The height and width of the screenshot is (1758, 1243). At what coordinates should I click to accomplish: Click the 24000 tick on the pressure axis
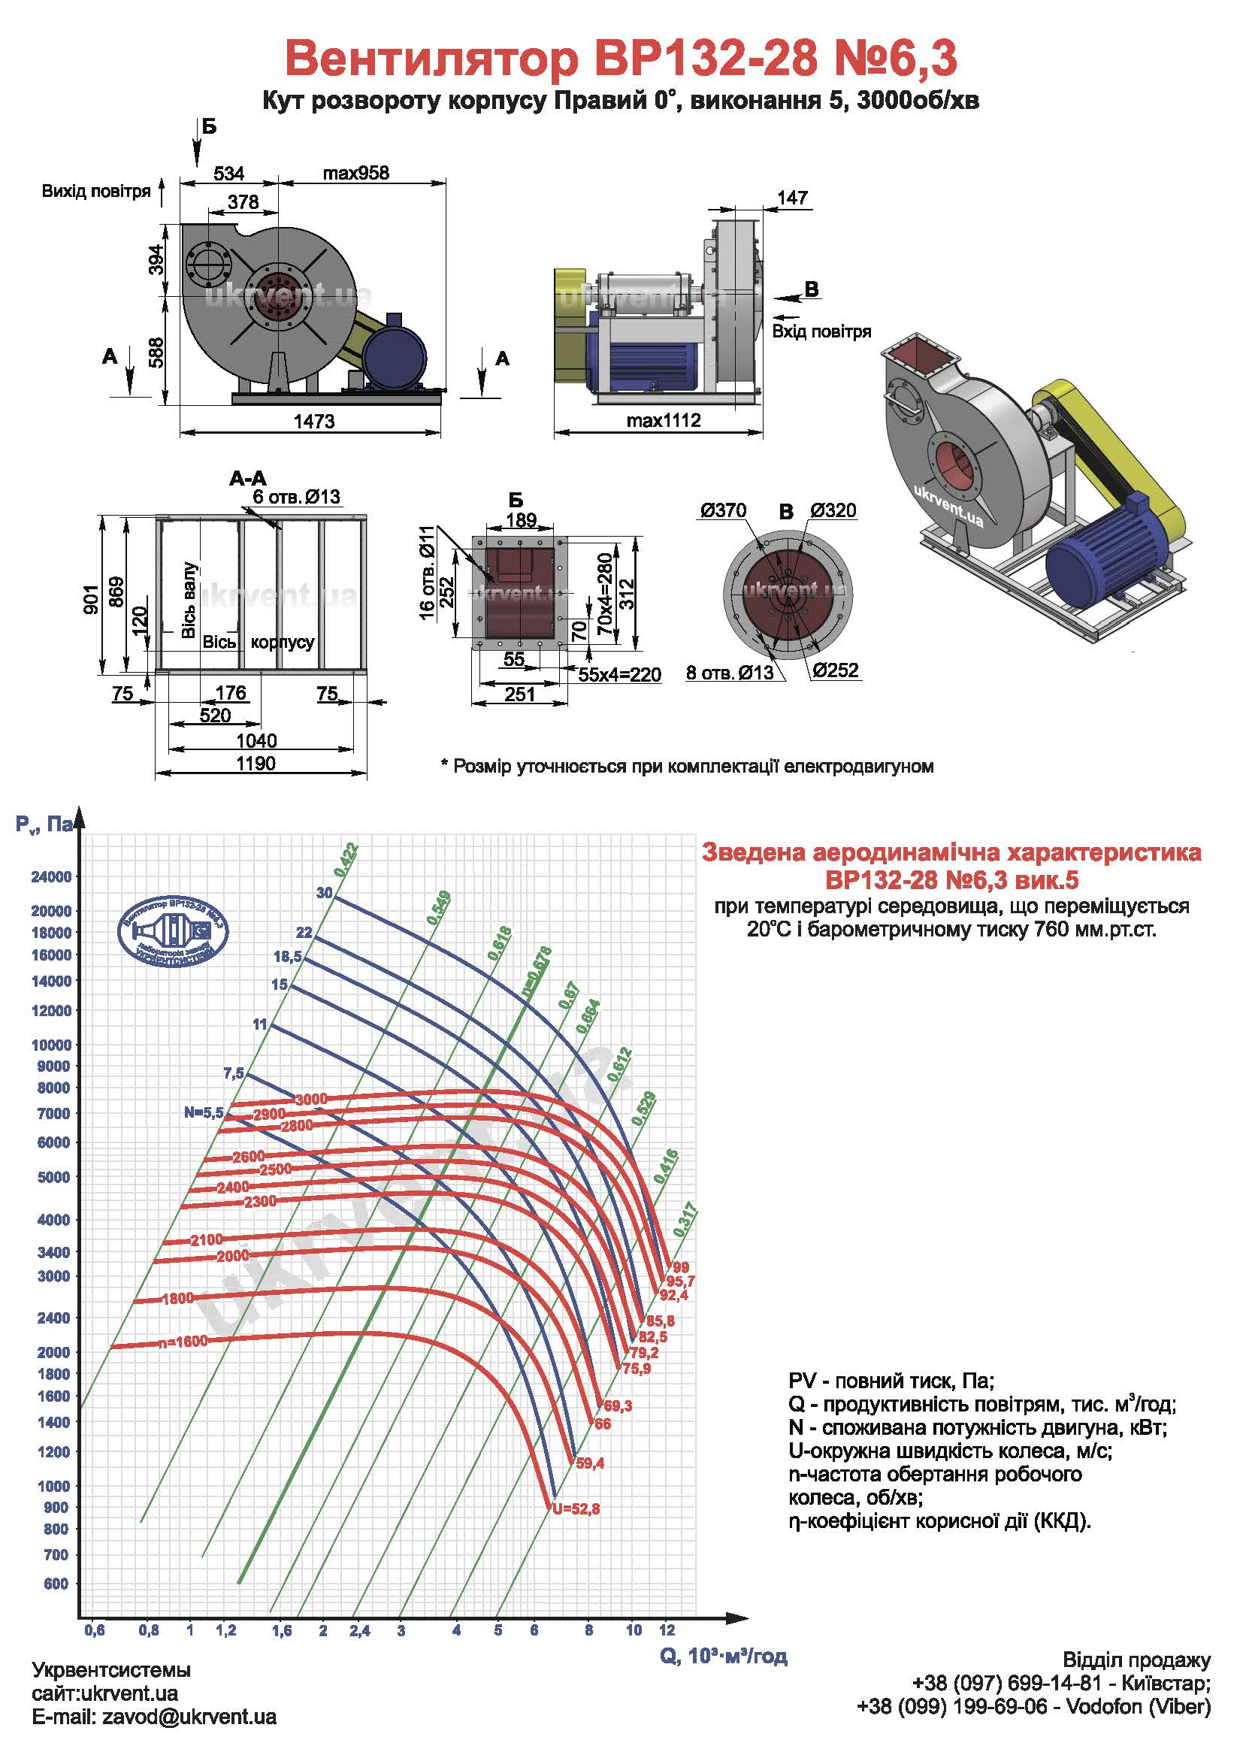point(50,876)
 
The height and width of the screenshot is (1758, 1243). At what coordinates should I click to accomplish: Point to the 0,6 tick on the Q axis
point(95,1630)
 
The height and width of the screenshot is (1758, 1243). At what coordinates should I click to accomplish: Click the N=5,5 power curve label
point(203,1112)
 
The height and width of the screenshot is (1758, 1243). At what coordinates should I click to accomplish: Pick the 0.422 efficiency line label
point(345,859)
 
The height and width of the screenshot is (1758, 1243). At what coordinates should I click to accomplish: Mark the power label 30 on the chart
point(325,893)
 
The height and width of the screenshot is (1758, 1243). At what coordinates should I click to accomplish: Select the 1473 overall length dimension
point(315,421)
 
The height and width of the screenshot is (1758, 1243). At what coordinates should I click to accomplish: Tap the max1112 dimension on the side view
point(664,419)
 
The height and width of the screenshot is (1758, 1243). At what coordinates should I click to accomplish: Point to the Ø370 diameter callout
point(722,510)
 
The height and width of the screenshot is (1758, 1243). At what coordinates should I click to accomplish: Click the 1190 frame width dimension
point(256,764)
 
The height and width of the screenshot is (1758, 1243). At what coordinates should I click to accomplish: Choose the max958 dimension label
point(355,174)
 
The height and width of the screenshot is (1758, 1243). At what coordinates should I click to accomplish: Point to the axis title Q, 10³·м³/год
point(723,1657)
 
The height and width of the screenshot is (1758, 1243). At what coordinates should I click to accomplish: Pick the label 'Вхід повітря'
point(821,331)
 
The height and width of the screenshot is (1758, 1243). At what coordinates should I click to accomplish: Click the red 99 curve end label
point(680,1267)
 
